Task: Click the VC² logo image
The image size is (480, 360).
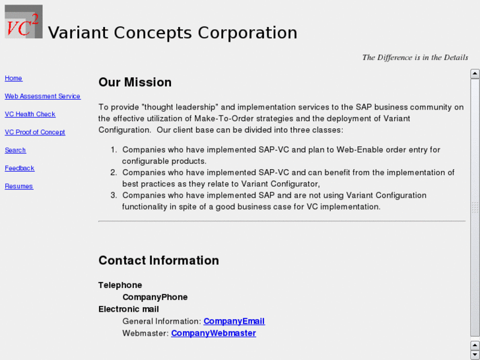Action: click(x=24, y=21)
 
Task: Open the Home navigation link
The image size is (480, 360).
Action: click(x=13, y=78)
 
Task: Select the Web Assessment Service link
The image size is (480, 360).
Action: click(x=42, y=96)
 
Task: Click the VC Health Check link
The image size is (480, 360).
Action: click(x=30, y=114)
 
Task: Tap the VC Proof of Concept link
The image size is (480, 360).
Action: click(x=35, y=132)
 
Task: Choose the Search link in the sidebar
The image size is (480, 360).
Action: click(x=15, y=150)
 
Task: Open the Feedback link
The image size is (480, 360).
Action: click(x=20, y=168)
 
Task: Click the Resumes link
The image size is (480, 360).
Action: click(x=19, y=186)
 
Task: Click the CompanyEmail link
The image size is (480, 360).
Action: click(x=234, y=321)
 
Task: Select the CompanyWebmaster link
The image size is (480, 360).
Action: click(x=213, y=333)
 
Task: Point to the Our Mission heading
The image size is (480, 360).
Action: click(x=135, y=82)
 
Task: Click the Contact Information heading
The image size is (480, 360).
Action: click(x=158, y=260)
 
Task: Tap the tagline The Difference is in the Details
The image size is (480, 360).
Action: click(x=415, y=57)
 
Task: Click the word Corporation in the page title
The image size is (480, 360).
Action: click(x=248, y=32)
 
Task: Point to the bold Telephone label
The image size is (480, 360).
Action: click(x=120, y=285)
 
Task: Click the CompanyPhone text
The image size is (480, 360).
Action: click(x=155, y=297)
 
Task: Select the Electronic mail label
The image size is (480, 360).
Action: click(x=129, y=309)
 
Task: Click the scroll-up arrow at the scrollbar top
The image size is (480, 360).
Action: click(x=475, y=73)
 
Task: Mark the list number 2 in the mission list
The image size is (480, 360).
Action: click(x=114, y=172)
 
